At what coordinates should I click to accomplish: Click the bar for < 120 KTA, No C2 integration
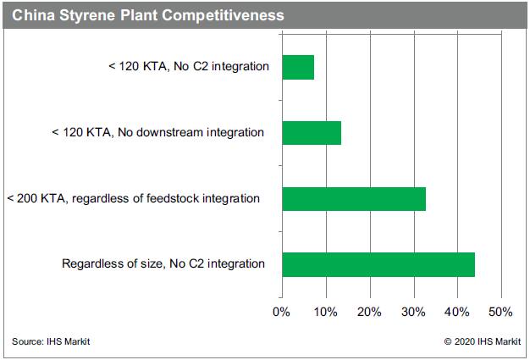[298, 67]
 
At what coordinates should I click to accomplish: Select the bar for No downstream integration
[312, 133]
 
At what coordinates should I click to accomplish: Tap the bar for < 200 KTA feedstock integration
[354, 199]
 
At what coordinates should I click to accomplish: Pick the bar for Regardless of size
[378, 264]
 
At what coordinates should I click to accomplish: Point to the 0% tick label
[281, 312]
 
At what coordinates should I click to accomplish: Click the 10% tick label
[325, 312]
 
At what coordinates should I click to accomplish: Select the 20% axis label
[369, 312]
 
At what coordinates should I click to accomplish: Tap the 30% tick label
[413, 312]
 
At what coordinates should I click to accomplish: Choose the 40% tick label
[456, 312]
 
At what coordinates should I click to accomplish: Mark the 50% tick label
[500, 312]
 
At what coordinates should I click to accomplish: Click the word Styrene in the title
[87, 16]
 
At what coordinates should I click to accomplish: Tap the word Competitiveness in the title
[223, 15]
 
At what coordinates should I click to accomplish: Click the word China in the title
[34, 15]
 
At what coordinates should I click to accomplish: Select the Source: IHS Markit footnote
[51, 341]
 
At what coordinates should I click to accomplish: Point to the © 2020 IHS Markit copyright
[483, 341]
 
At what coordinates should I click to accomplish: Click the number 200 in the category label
[27, 198]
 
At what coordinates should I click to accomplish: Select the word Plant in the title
[139, 15]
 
